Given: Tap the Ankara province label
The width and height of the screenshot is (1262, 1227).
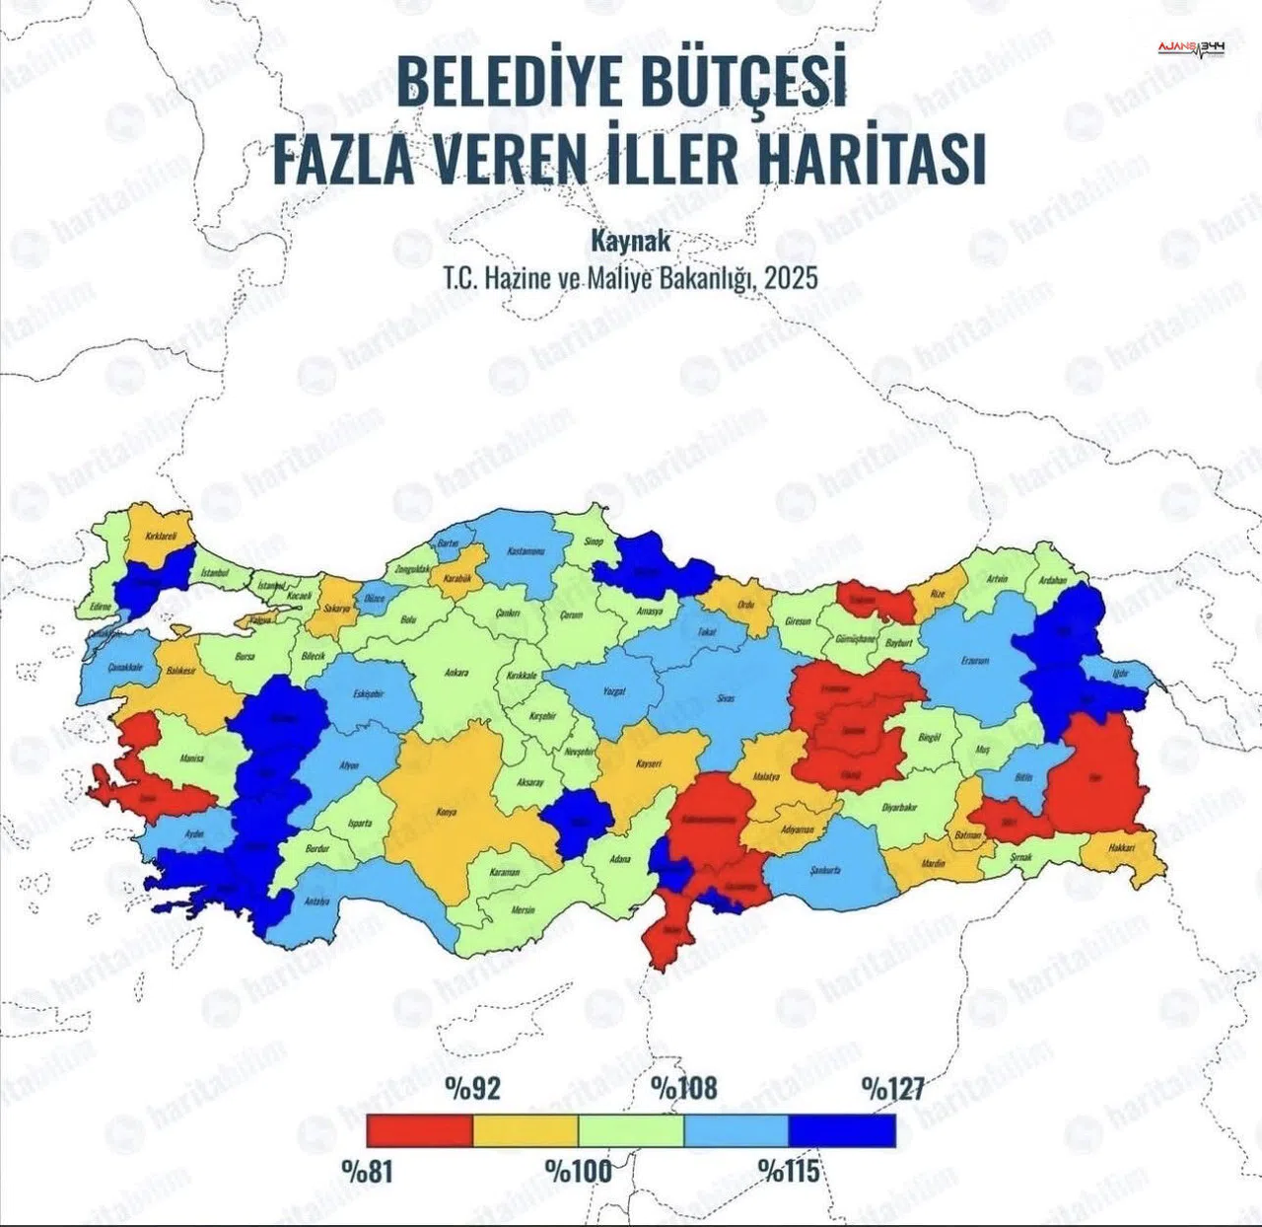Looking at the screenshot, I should point(456,673).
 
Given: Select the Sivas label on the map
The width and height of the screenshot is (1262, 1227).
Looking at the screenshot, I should point(727,697).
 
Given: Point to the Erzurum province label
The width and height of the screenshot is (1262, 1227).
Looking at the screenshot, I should point(974,661).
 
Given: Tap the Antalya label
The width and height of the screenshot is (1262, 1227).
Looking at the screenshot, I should point(316,902).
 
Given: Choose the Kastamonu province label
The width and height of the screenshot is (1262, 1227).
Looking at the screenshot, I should point(526,551).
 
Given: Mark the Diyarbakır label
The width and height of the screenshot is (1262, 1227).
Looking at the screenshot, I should point(899,807).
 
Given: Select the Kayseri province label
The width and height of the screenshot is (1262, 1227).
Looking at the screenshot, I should point(648,764).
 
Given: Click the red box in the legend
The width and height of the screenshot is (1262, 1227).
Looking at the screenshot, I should point(419,1130).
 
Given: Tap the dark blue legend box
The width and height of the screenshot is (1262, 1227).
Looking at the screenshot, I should point(842,1130).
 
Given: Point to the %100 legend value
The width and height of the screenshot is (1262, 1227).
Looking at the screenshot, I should point(579,1172).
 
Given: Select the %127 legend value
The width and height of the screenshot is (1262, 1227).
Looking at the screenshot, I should point(892,1088).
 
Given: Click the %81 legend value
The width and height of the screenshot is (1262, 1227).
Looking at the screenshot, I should point(367,1172).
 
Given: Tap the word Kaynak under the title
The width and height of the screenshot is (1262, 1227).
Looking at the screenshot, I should point(630,240).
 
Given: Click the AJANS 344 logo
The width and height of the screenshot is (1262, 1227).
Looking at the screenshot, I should point(1192,48).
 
